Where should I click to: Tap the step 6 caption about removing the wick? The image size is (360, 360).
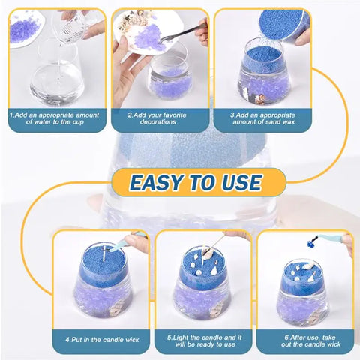pyautogui.click(x=304, y=340)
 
